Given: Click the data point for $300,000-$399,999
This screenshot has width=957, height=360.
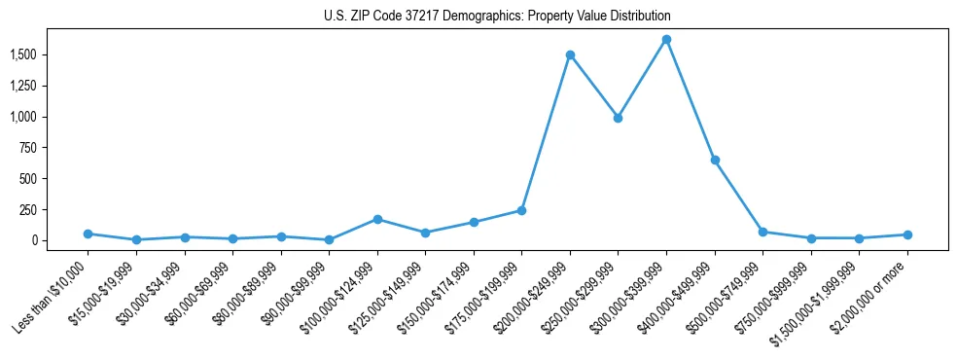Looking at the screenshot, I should coord(666,40).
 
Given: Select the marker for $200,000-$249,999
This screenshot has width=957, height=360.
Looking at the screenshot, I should coord(570,54).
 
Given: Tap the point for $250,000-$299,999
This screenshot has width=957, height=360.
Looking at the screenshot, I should coord(618,118).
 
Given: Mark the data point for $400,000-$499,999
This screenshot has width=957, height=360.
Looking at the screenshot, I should coord(715,160).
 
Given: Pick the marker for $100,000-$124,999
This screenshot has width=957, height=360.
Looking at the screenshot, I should coord(377,220).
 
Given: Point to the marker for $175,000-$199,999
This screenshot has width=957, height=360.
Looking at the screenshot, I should coord(521,210).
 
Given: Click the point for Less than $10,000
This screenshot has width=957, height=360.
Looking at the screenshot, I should coord(88,234).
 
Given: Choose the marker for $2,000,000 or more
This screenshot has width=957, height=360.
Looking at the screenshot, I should coord(907,234).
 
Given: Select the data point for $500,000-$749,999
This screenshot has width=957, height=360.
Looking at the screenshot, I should coord(762,232).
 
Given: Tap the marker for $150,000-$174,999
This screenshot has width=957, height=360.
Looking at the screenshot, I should coord(474,222).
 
